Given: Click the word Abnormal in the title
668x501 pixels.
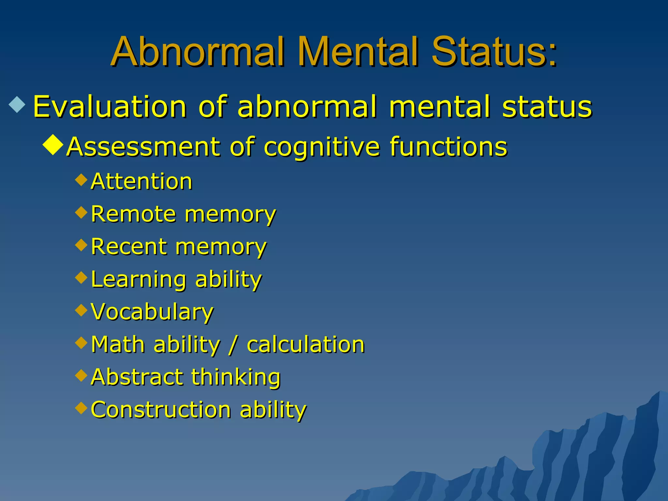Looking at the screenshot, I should pos(199,52).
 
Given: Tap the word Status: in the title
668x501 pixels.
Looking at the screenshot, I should pos(494,52).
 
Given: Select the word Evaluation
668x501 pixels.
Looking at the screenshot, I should pos(110,107).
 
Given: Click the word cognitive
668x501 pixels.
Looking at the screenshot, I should pos(322,147).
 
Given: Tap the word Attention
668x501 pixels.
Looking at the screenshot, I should pos(142,181).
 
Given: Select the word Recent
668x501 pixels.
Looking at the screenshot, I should pos(129,247).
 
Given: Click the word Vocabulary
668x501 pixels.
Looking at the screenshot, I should pos(152,312).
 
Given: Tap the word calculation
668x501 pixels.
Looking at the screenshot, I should pos(306,344).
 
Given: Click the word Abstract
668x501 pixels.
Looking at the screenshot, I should pos(137,377).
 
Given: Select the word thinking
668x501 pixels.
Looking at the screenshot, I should pos(236,377).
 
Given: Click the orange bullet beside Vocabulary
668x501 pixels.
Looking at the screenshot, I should pos(81,310).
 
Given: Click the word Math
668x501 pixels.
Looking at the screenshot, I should pos(118,344).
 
